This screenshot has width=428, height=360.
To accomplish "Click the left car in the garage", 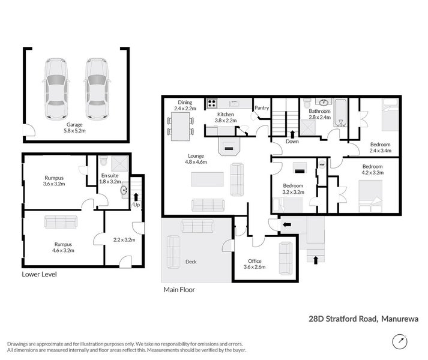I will [55, 89].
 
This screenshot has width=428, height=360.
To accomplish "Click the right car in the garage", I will [97, 89].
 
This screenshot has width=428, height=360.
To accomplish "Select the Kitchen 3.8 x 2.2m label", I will [225, 117].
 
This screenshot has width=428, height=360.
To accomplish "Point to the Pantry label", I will [262, 108].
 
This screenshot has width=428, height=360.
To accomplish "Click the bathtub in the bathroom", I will [340, 113].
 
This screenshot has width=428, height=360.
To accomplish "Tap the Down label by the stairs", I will [292, 142].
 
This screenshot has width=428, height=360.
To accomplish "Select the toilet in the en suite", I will [104, 161].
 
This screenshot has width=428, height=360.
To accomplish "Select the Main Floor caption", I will [179, 289].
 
